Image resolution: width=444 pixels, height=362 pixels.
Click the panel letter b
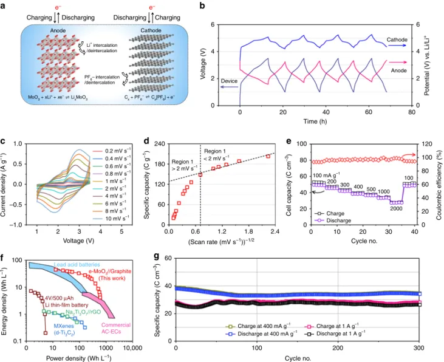(202, 5)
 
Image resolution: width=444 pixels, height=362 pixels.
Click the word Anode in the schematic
(58, 30)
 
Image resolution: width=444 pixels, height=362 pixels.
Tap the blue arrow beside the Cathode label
(397, 46)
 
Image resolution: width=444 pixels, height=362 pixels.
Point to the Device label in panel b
(229, 81)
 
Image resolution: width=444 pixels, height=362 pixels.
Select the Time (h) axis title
(315, 121)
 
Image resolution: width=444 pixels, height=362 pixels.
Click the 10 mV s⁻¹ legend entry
(111, 219)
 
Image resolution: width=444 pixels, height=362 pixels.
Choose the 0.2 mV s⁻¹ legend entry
(112, 151)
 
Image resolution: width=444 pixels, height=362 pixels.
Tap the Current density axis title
(4, 185)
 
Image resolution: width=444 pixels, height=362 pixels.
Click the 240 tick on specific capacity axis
(159, 143)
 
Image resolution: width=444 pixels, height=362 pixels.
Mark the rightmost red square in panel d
(268, 156)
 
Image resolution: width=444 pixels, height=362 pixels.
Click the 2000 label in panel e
(396, 209)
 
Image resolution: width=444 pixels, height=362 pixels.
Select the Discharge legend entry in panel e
(333, 220)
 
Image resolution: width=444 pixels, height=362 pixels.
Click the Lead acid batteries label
(77, 265)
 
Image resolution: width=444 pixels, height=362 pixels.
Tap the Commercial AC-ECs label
(116, 329)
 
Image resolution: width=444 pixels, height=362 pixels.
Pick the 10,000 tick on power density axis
(132, 348)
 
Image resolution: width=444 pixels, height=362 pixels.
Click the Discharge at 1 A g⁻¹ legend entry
(335, 333)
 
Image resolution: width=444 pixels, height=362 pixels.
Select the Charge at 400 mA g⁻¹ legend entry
(258, 326)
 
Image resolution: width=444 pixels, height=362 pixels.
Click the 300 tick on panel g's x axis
(419, 347)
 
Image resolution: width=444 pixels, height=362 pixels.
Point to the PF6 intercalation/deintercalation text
(102, 80)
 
